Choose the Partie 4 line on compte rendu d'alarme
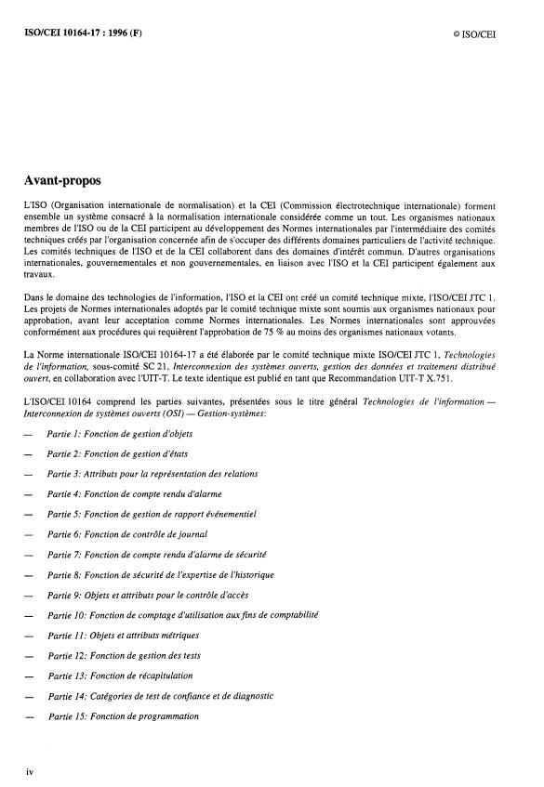click(132, 494)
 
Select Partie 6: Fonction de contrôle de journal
click(126, 534)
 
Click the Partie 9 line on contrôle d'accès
click(148, 595)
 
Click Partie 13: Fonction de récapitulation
click(120, 676)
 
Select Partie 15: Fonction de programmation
click(123, 716)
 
